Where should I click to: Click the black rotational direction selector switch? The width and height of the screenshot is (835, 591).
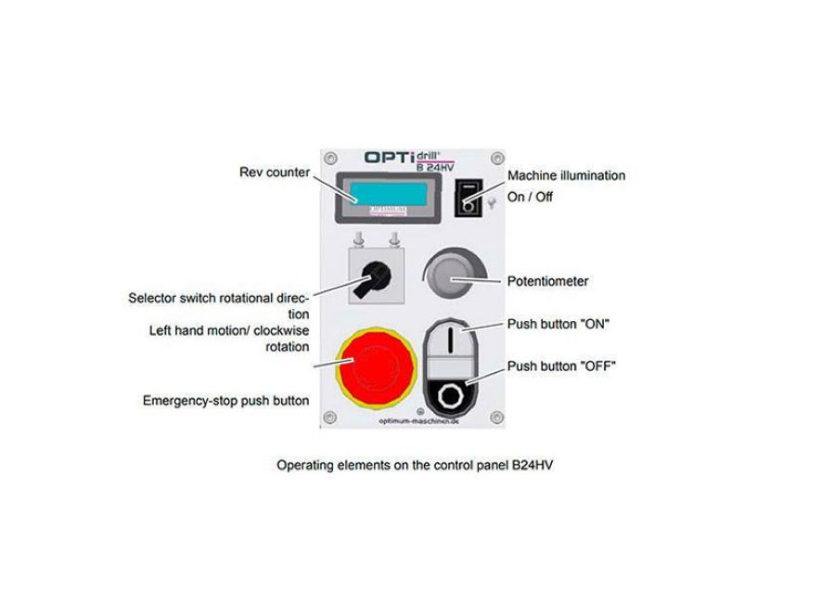click(368, 276)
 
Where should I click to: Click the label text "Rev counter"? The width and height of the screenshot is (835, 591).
click(275, 173)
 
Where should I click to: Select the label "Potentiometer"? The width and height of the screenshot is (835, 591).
click(547, 281)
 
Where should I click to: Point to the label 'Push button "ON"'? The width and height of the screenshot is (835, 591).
click(558, 325)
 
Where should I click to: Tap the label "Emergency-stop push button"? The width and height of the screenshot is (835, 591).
click(225, 401)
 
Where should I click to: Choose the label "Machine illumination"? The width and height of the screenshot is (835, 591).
click(566, 175)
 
